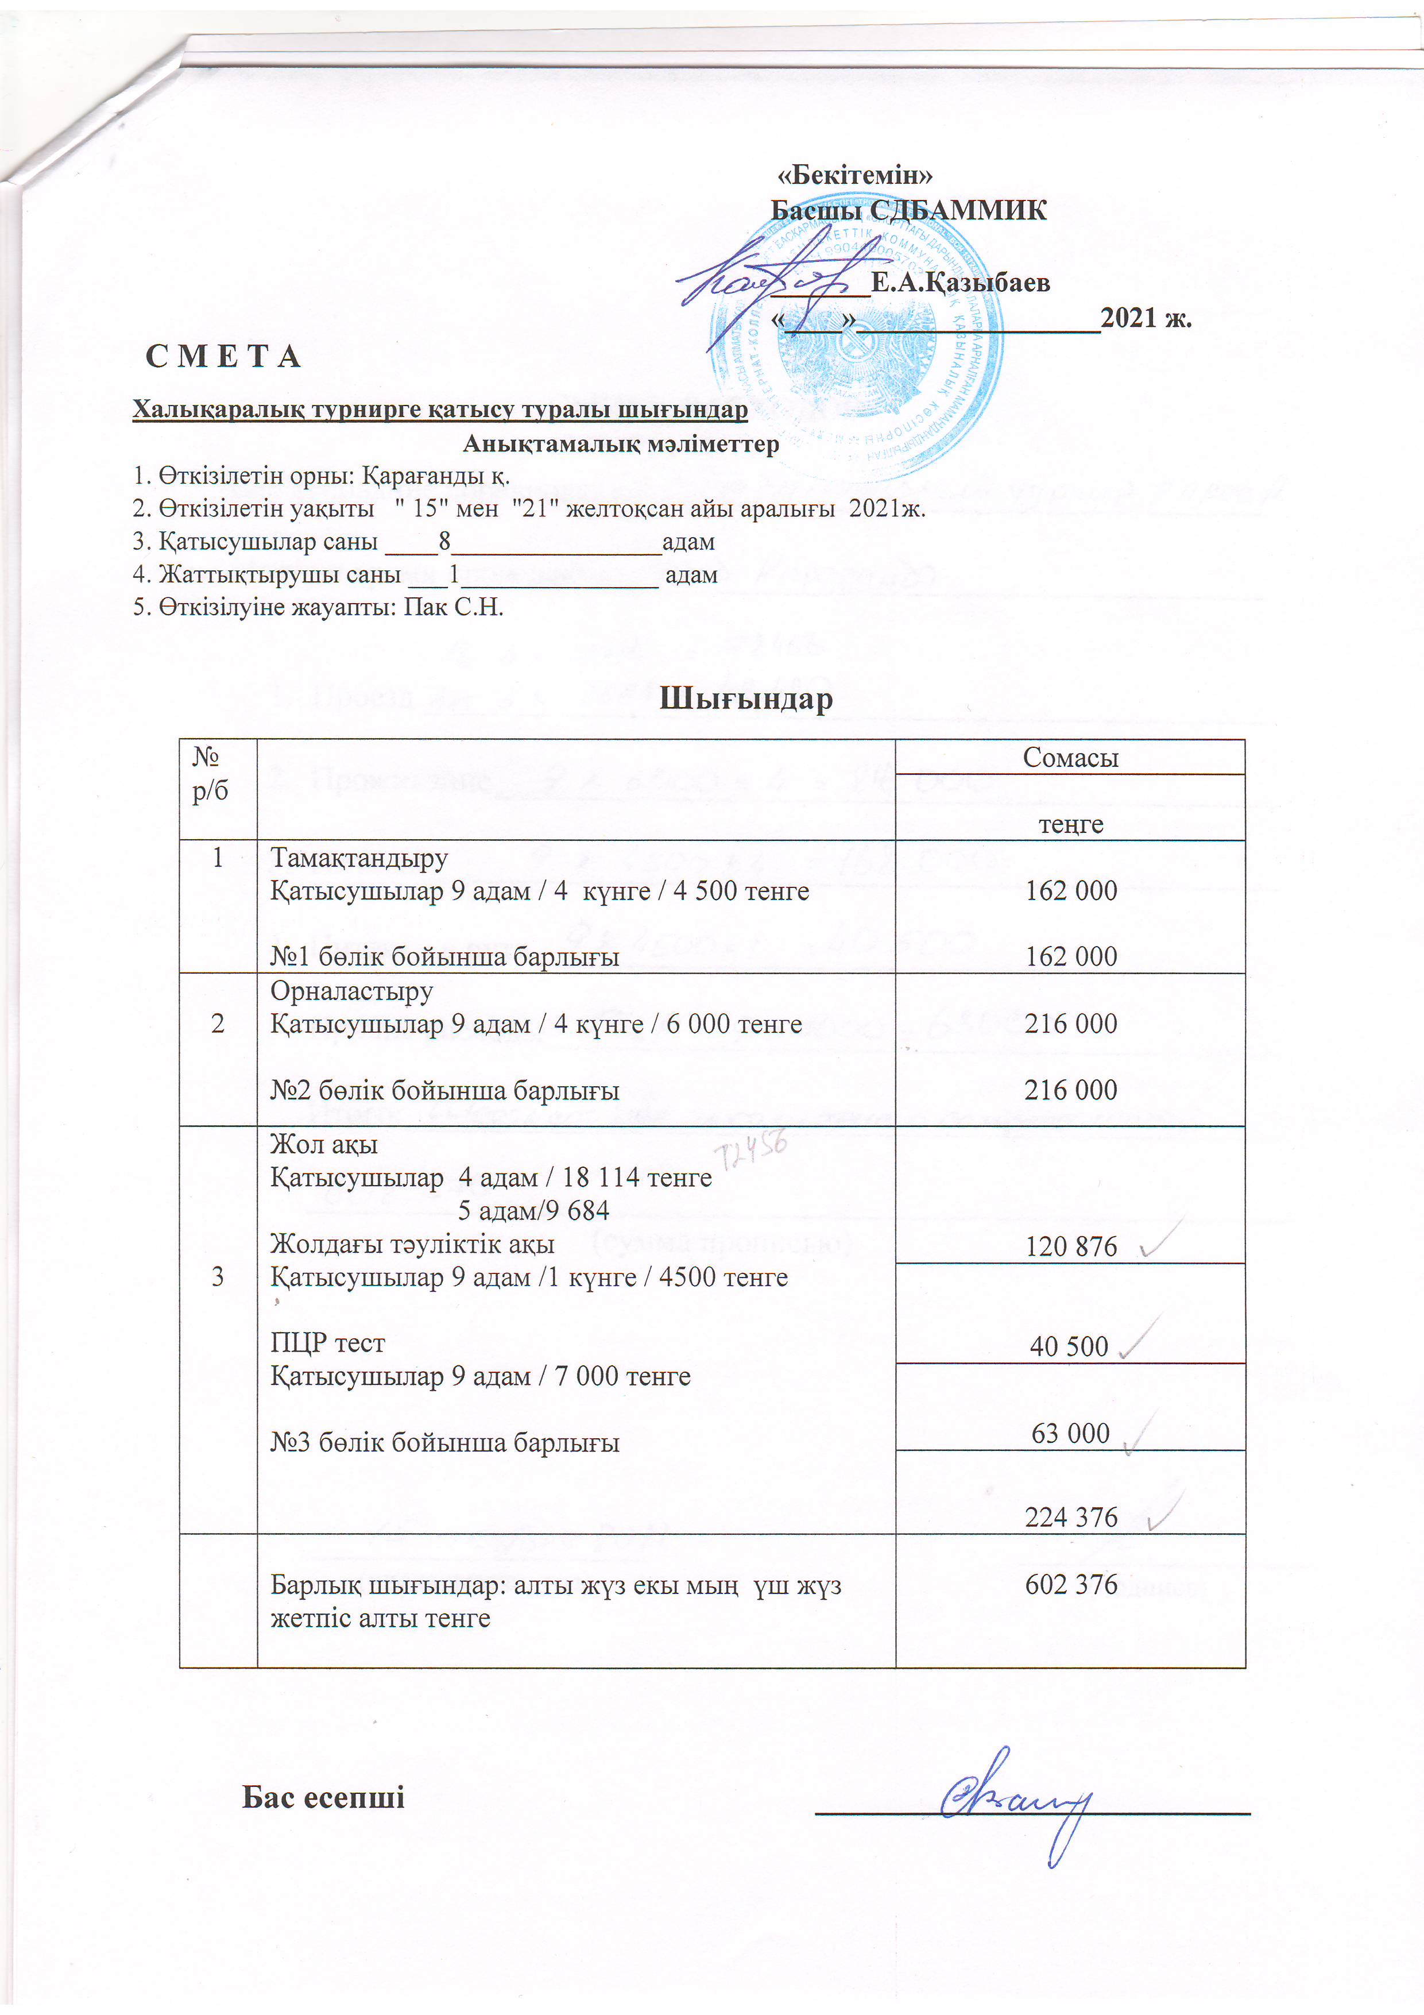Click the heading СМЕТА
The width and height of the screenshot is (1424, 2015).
coord(224,356)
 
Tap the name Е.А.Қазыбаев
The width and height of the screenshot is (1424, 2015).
coord(960,283)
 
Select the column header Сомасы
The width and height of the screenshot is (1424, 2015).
coord(1070,758)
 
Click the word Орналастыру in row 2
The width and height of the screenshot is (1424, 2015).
coord(351,991)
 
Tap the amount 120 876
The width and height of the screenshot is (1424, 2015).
coord(1070,1246)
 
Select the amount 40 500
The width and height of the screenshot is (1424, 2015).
coord(1069,1345)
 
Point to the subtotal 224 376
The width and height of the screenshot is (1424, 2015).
coord(1070,1516)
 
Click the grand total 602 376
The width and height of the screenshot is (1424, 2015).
coord(1070,1584)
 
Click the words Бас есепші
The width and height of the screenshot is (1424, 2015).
coord(323,1797)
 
